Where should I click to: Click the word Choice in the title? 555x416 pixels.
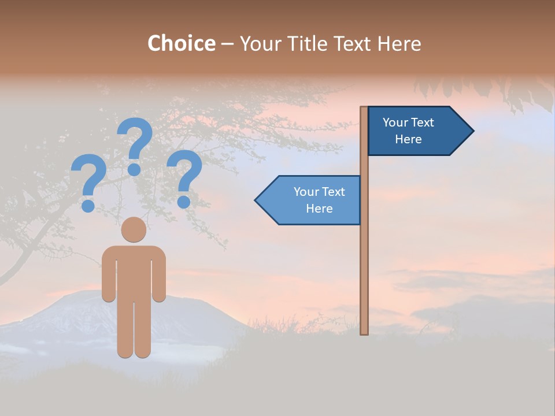181,44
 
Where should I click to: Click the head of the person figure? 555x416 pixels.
134,229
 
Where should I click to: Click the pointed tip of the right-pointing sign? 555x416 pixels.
472,131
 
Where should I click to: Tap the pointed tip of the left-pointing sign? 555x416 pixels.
257,200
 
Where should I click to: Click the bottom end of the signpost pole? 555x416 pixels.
364,332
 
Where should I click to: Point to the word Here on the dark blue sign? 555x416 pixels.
408,139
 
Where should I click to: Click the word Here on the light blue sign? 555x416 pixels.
319,209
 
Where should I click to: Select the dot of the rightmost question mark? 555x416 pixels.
184,202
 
